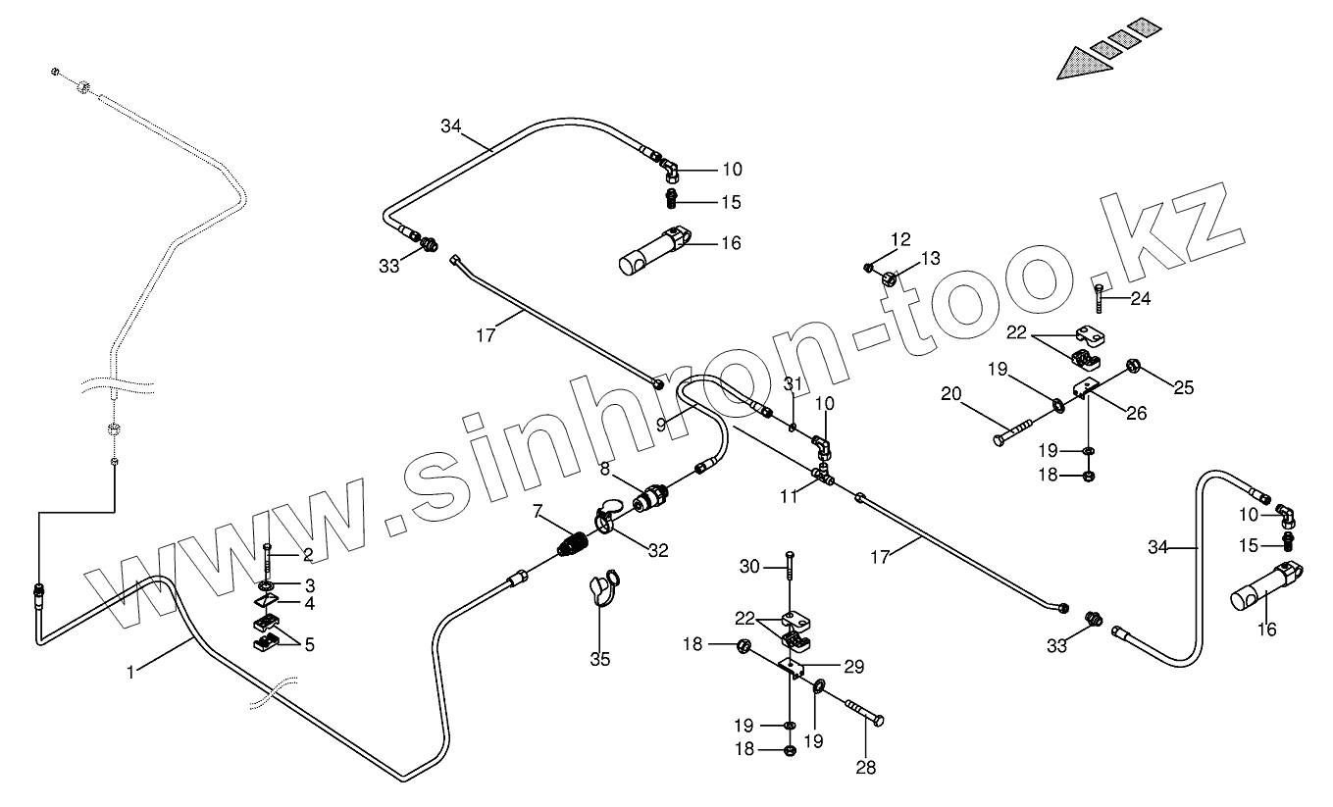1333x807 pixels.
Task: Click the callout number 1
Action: click(x=130, y=672)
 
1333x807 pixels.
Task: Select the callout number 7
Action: click(x=538, y=511)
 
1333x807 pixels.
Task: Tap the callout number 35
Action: click(x=600, y=660)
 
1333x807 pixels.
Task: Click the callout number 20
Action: click(x=950, y=393)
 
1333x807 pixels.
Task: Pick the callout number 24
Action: click(x=1140, y=299)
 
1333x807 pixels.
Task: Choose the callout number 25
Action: click(x=1184, y=387)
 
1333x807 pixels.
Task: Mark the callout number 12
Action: click(x=900, y=238)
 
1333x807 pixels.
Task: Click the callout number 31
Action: click(x=792, y=382)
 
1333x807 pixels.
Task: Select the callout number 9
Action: click(x=661, y=425)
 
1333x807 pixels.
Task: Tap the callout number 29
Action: click(x=853, y=667)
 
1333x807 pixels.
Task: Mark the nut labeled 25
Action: click(x=1133, y=366)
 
